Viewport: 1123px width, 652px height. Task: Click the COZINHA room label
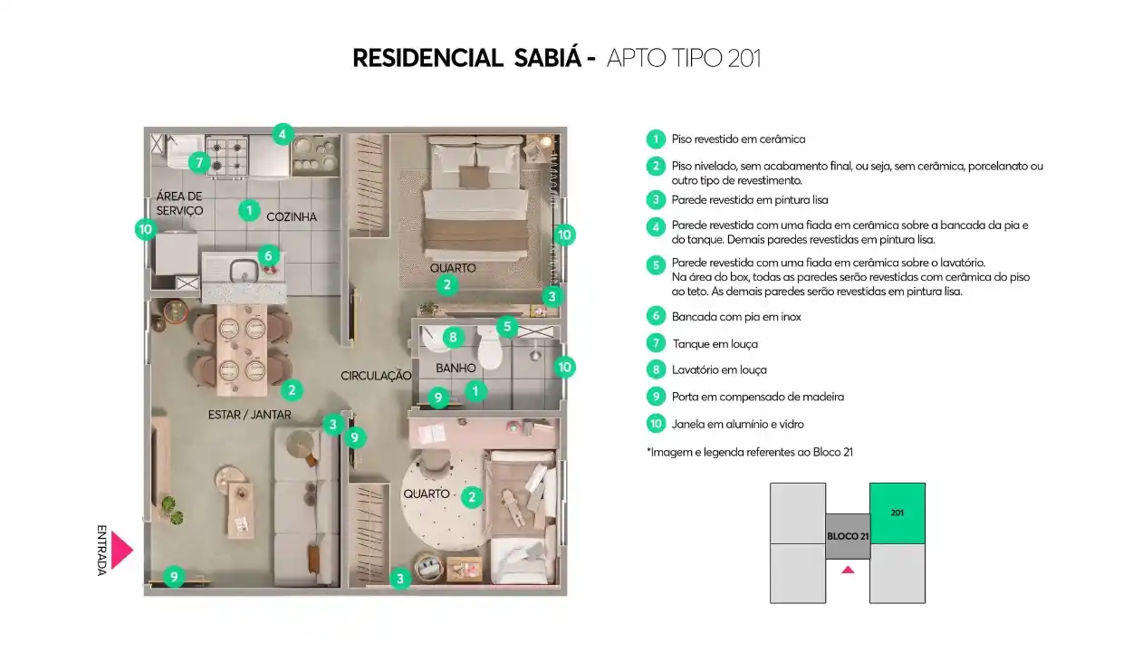click(292, 217)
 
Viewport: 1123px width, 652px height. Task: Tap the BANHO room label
click(456, 369)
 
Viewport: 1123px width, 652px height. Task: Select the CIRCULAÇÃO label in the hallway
click(376, 376)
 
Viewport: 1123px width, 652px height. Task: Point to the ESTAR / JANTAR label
click(249, 415)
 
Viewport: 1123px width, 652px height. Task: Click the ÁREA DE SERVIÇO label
click(179, 204)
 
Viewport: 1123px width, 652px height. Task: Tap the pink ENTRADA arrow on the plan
click(122, 551)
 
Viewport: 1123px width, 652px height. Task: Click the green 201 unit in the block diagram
click(897, 513)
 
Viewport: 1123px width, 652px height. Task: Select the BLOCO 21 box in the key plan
click(848, 536)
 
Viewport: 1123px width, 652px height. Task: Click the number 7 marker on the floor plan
click(199, 163)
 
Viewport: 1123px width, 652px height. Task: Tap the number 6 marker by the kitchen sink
click(268, 256)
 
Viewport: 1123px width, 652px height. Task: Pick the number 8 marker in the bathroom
click(453, 337)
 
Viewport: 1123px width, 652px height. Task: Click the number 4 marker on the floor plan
click(283, 134)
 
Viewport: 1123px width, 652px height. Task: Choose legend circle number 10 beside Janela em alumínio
click(656, 424)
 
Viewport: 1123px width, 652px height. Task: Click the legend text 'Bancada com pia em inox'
click(736, 317)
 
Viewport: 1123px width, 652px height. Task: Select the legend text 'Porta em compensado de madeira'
click(757, 397)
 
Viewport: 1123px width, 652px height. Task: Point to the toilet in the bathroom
click(489, 347)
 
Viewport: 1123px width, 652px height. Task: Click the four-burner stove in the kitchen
click(227, 156)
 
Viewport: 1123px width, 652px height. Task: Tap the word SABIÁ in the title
click(547, 58)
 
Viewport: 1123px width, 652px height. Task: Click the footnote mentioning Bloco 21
click(750, 452)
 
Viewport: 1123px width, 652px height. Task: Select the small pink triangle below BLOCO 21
click(848, 570)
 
